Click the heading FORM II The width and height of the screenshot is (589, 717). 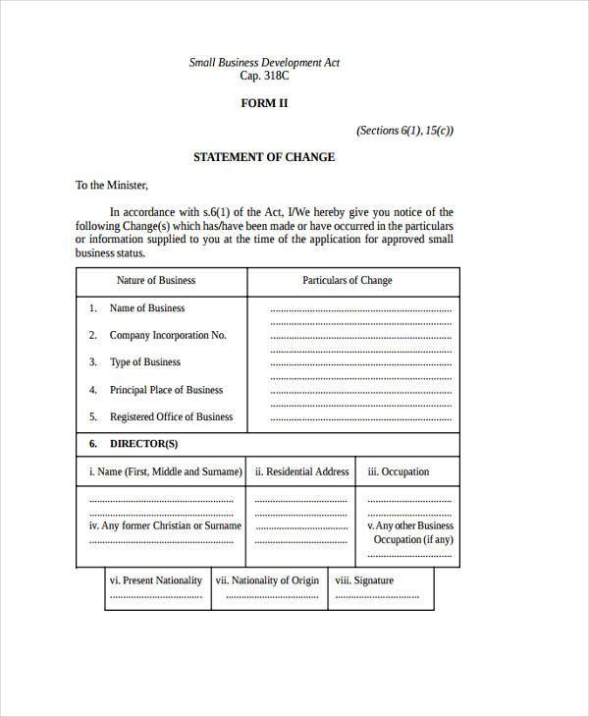coord(264,103)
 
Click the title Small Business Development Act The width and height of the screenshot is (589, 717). coord(264,62)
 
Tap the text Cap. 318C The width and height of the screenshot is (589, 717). coord(264,76)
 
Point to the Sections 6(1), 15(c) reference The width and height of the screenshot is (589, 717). coord(404,131)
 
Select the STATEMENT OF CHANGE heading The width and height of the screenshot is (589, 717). coord(264,157)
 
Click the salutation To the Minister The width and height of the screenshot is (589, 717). coord(111,185)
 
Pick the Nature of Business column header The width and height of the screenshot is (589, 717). coord(156,280)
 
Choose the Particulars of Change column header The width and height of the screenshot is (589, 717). coord(348,280)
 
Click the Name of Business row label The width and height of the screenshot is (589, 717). coord(147,307)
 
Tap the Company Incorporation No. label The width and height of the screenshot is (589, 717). coord(168,335)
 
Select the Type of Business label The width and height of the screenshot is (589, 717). coord(145,362)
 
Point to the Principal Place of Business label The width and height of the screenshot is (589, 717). coord(167,390)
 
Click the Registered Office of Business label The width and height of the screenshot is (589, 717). coord(171,416)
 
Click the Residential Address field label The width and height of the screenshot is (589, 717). coord(301,471)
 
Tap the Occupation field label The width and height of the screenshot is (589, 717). coord(399,471)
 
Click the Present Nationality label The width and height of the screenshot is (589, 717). coord(156,580)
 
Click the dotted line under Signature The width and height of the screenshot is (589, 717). coord(376,596)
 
